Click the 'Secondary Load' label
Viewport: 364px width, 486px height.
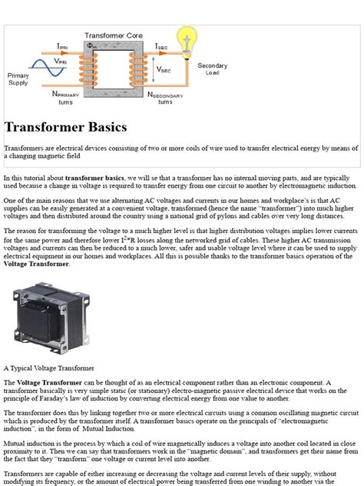[x=213, y=70]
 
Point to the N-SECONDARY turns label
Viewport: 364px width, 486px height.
[x=165, y=98]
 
